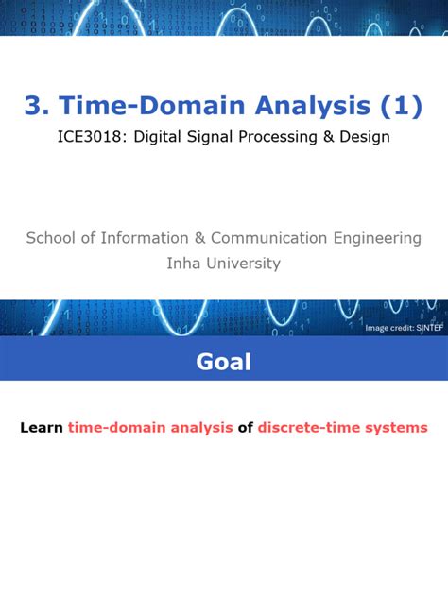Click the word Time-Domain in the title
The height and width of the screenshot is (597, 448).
pos(151,105)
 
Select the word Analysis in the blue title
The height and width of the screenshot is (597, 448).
pos(313,106)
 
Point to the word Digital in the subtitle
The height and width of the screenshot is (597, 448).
pos(157,137)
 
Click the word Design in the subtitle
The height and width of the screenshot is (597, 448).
pos(365,137)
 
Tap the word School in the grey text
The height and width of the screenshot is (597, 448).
pos(51,238)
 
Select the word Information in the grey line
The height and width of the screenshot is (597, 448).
pos(145,238)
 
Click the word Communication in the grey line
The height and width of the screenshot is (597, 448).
pos(268,238)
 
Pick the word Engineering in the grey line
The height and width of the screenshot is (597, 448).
pos(377,239)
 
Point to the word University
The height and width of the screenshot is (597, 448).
pos(244,264)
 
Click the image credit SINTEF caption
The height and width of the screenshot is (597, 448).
pos(405,328)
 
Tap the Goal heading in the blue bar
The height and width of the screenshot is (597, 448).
pos(224,362)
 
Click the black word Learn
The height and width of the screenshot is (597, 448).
pos(42,428)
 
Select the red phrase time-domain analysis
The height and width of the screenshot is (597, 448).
pos(150,428)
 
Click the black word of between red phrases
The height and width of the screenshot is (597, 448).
pos(246,428)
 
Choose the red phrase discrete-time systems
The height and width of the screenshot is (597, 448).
pos(342,428)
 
